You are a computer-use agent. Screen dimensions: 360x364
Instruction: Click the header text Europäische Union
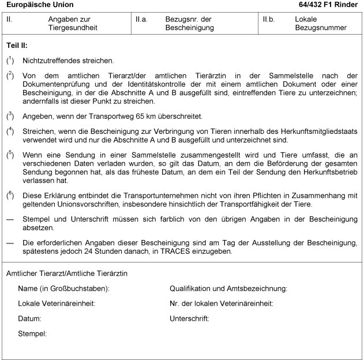click(x=34, y=5)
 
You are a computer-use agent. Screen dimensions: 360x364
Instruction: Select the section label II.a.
click(x=141, y=19)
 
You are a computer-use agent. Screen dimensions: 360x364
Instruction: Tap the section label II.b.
click(x=269, y=19)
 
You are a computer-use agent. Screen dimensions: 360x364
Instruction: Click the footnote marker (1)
click(x=10, y=59)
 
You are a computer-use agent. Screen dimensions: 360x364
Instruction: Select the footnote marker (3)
click(x=10, y=115)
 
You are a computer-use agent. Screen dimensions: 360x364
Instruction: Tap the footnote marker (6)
click(x=10, y=194)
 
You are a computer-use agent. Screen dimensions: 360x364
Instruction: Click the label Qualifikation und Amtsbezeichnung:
click(x=228, y=288)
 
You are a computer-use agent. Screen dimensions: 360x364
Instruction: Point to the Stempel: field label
click(x=32, y=333)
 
